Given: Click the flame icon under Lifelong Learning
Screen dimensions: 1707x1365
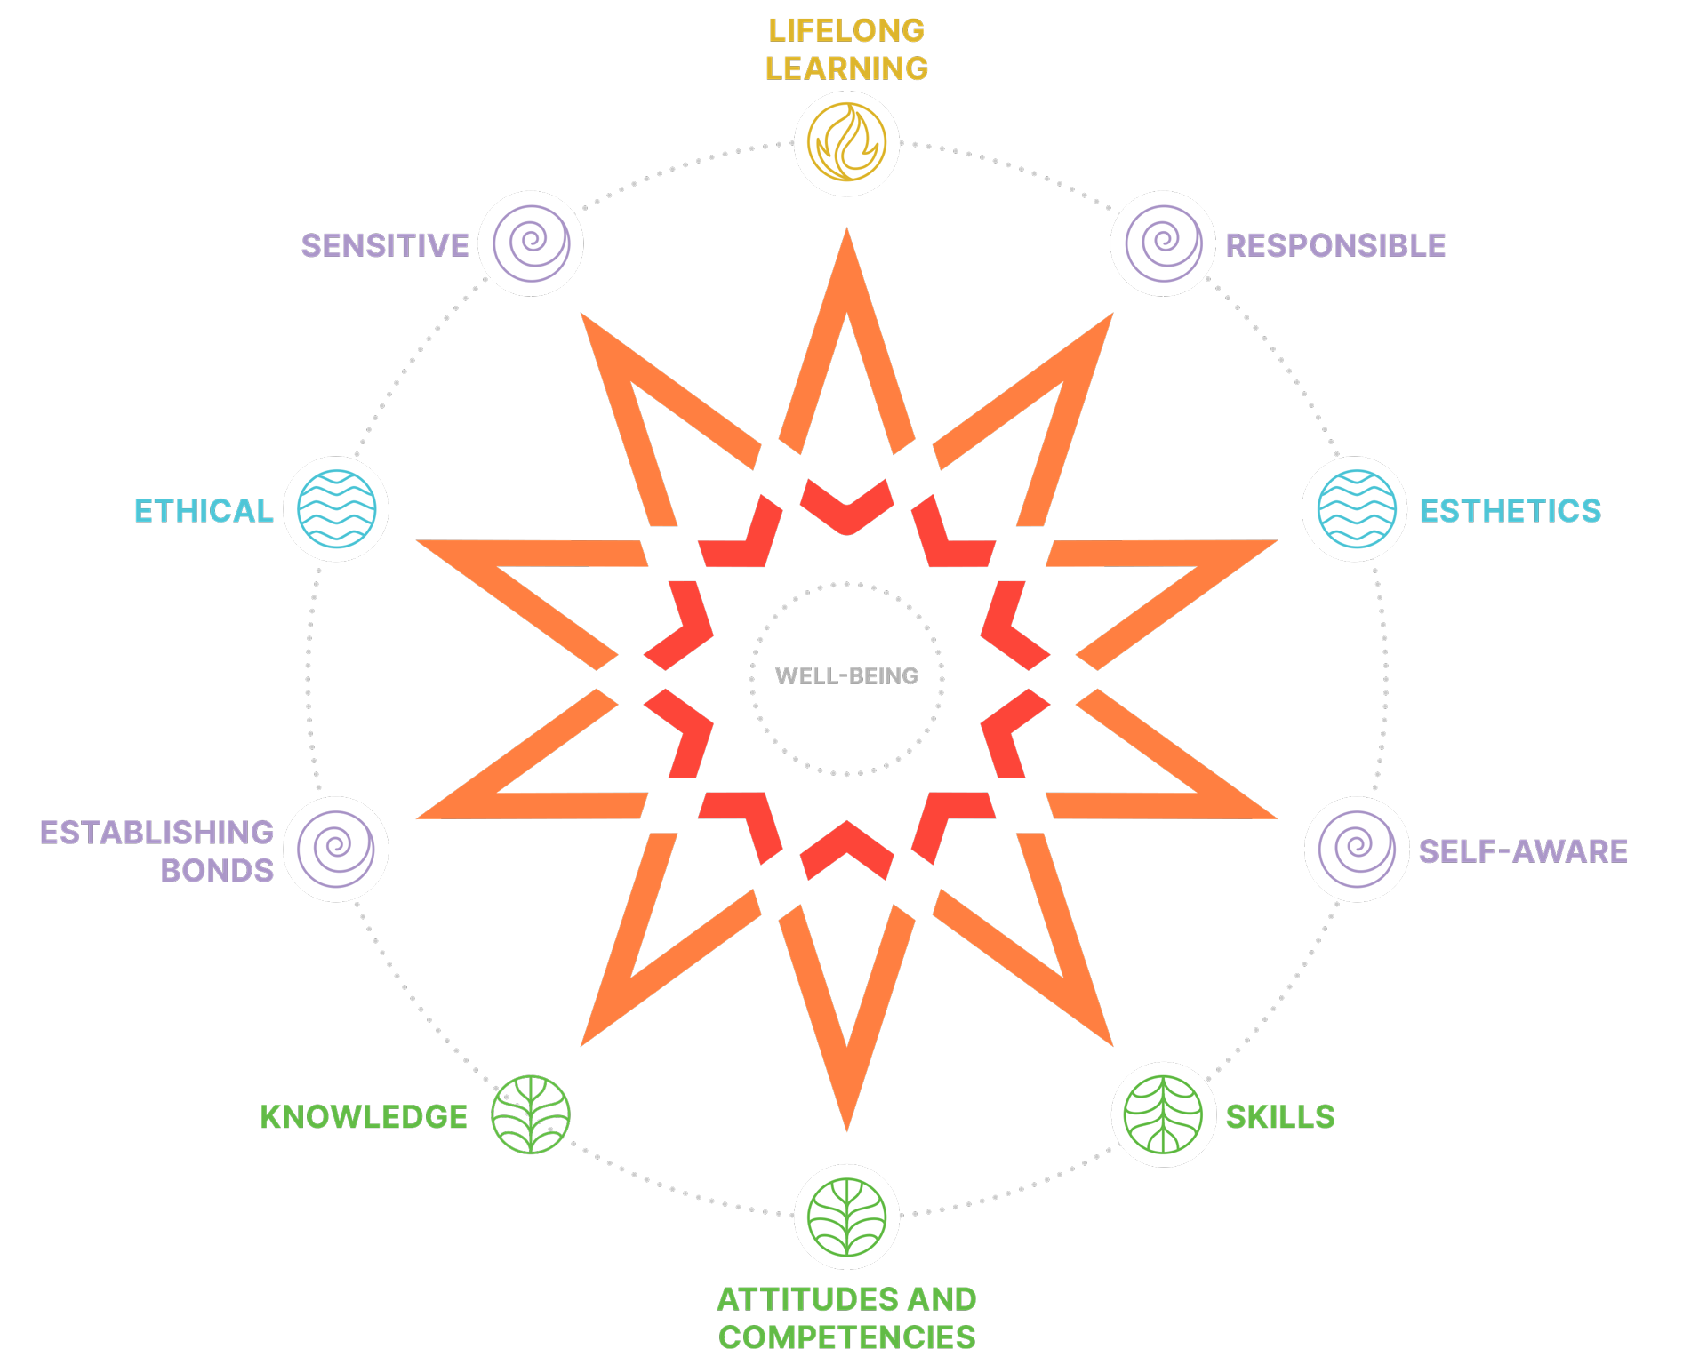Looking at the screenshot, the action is [846, 142].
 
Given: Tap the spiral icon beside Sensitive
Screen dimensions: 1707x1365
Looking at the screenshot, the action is [532, 243].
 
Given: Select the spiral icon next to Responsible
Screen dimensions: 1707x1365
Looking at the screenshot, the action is [1164, 243].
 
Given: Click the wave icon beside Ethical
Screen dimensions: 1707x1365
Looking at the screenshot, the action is [337, 508].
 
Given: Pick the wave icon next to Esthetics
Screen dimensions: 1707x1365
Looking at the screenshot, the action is [1357, 508].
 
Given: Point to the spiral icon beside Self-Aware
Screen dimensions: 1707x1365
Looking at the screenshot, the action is [1357, 849].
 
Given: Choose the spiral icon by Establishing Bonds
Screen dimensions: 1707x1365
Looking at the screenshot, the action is [336, 849].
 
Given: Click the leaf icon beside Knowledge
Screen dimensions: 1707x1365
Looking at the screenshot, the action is [531, 1114].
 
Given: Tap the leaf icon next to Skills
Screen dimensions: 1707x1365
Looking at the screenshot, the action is [1163, 1114].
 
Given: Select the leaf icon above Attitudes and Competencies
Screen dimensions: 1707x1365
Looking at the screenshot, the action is [846, 1217].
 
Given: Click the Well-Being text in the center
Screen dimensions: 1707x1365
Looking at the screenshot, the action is [846, 676].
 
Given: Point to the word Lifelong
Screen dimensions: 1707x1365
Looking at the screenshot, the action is [846, 30].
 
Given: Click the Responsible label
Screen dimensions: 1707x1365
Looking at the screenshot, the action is [1335, 245].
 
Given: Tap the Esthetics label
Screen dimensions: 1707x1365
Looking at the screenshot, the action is [1511, 511].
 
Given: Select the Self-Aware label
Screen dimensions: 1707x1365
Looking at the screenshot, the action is [1523, 851].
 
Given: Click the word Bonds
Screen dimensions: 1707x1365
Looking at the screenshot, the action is [217, 871].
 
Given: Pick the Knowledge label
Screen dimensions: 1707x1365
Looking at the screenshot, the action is [364, 1117].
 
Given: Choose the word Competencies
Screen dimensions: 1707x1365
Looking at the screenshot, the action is [846, 1337].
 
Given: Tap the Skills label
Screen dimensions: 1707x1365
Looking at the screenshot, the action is [1280, 1117].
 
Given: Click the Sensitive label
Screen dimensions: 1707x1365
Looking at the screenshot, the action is [385, 245].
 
